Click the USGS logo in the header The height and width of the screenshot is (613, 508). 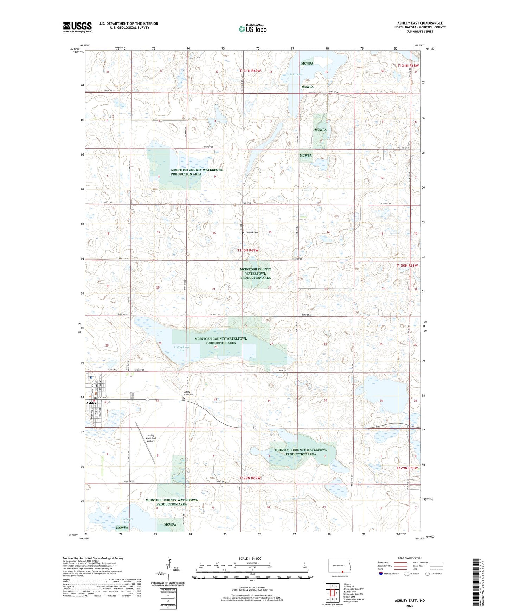(x=77, y=27)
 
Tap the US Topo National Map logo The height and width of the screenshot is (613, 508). (x=252, y=28)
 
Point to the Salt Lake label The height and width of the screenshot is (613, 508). (x=295, y=74)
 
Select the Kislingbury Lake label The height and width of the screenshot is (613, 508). (x=181, y=349)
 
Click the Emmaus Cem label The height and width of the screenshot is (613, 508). (x=251, y=233)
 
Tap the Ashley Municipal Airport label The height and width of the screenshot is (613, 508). (x=151, y=438)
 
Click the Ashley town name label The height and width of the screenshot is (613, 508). (x=91, y=403)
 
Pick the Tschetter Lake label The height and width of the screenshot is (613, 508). (x=127, y=520)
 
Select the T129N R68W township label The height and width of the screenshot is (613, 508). (x=407, y=468)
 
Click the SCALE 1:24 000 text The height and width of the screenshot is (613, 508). (x=250, y=558)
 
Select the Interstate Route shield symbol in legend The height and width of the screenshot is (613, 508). (x=381, y=574)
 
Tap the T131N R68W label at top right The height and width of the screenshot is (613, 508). (x=408, y=66)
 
